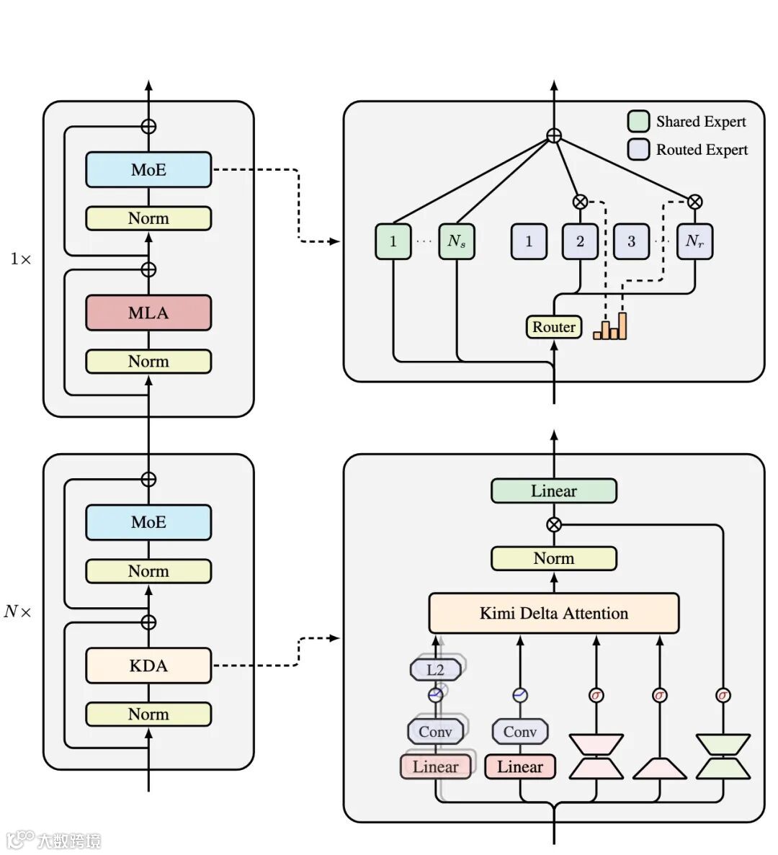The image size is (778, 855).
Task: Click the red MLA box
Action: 148,313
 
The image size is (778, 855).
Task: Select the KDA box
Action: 148,666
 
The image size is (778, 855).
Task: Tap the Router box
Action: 553,327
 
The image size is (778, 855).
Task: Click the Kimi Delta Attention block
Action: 553,613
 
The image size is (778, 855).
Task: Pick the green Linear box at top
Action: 553,491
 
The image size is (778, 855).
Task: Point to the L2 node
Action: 436,669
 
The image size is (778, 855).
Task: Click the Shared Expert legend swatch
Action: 638,122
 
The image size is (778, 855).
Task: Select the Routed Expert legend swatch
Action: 638,149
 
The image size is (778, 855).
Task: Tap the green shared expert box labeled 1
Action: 393,241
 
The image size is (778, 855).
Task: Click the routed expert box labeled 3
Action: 631,241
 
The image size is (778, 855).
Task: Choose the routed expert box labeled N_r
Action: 694,241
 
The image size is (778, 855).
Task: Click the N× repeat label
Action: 18,612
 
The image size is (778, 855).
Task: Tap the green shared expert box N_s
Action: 457,241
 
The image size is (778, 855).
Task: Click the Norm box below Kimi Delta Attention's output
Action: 553,558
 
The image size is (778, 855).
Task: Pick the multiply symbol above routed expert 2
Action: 580,202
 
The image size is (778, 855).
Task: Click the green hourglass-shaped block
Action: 723,756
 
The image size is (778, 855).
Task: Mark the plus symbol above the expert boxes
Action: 553,135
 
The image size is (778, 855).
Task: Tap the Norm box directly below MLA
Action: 148,362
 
